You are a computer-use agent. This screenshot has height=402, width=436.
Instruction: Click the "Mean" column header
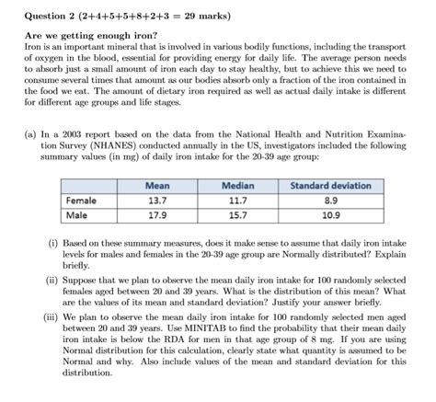tap(157, 186)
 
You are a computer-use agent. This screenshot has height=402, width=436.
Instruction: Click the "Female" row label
tap(82, 201)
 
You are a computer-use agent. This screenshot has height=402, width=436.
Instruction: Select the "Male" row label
tap(76, 216)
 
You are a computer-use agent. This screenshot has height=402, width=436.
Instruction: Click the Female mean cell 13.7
tap(157, 201)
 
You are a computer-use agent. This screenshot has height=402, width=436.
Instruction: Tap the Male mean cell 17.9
tap(157, 216)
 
